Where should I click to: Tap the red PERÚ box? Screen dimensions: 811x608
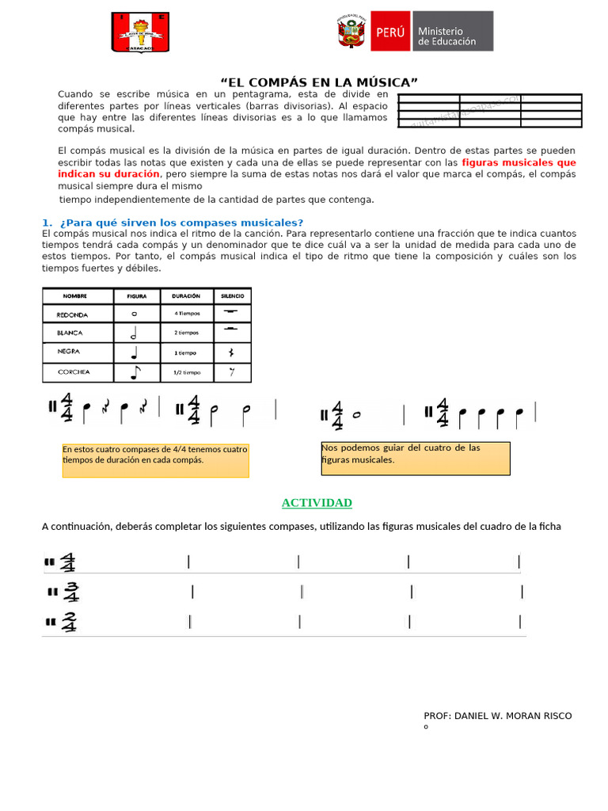point(389,32)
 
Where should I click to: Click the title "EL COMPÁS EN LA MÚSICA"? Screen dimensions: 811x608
point(318,82)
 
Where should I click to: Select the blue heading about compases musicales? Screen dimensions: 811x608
point(173,223)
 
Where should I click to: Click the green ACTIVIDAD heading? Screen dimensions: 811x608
point(317,503)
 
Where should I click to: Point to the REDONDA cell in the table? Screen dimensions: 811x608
point(73,314)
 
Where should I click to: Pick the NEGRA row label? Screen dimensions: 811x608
point(69,352)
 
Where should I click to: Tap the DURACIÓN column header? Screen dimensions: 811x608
point(187,296)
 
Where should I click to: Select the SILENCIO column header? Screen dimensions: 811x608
point(232,296)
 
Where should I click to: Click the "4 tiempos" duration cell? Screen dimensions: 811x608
point(187,314)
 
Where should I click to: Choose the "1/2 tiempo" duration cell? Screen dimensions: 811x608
point(187,372)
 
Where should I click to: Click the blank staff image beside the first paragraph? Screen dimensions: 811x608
point(489,110)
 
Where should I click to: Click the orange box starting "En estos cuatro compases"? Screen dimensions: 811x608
point(155,460)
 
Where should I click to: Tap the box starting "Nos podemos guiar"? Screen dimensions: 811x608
point(415,459)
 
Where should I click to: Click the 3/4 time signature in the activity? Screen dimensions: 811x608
point(71,592)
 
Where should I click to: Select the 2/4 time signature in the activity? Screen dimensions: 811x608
point(69,623)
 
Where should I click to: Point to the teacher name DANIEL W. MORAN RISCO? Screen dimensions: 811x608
point(497,716)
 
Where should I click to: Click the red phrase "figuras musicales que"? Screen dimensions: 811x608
point(519,162)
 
